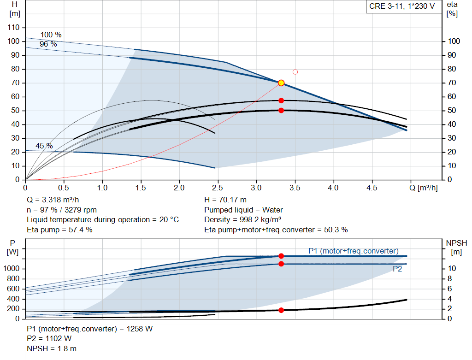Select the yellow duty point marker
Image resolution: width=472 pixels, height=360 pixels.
click(x=281, y=83)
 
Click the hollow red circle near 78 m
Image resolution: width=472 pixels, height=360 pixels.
click(x=295, y=72)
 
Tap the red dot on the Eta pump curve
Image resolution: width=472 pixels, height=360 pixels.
click(x=281, y=100)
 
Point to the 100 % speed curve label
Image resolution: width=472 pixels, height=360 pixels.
click(x=51, y=35)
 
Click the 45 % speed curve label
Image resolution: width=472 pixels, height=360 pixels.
click(x=44, y=146)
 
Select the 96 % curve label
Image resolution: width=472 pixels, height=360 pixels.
click(x=48, y=44)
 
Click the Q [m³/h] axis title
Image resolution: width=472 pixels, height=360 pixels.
click(x=424, y=188)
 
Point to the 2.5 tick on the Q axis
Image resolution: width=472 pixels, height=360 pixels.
click(x=218, y=188)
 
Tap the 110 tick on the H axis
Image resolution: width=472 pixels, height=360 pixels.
click(x=13, y=28)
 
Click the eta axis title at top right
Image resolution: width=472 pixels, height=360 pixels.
click(x=452, y=9)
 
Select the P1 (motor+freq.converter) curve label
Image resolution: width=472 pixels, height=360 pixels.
click(x=353, y=251)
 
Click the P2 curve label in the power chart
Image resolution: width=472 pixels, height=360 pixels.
click(x=397, y=269)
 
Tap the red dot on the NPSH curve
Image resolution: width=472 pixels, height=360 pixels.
click(x=281, y=310)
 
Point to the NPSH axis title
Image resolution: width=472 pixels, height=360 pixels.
click(x=456, y=247)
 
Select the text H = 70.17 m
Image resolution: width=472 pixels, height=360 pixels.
click(x=226, y=200)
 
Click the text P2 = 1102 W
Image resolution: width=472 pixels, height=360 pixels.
click(x=49, y=339)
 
